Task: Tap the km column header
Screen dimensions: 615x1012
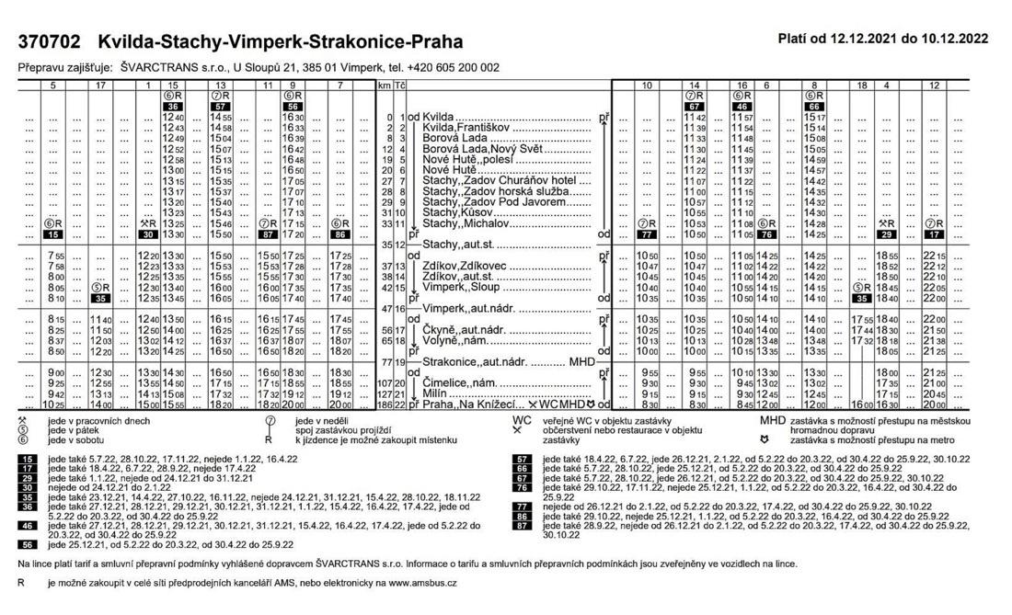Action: coord(385,85)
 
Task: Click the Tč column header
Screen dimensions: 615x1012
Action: coord(400,85)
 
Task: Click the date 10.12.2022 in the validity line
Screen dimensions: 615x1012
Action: coord(952,39)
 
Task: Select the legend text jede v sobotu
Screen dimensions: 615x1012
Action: coord(75,440)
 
